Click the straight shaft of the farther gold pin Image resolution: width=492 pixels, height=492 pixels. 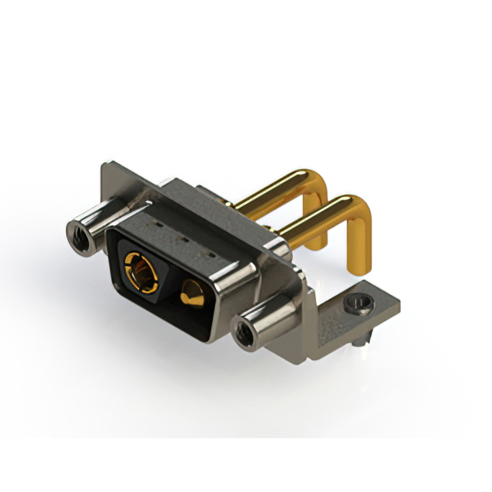(269, 191)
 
